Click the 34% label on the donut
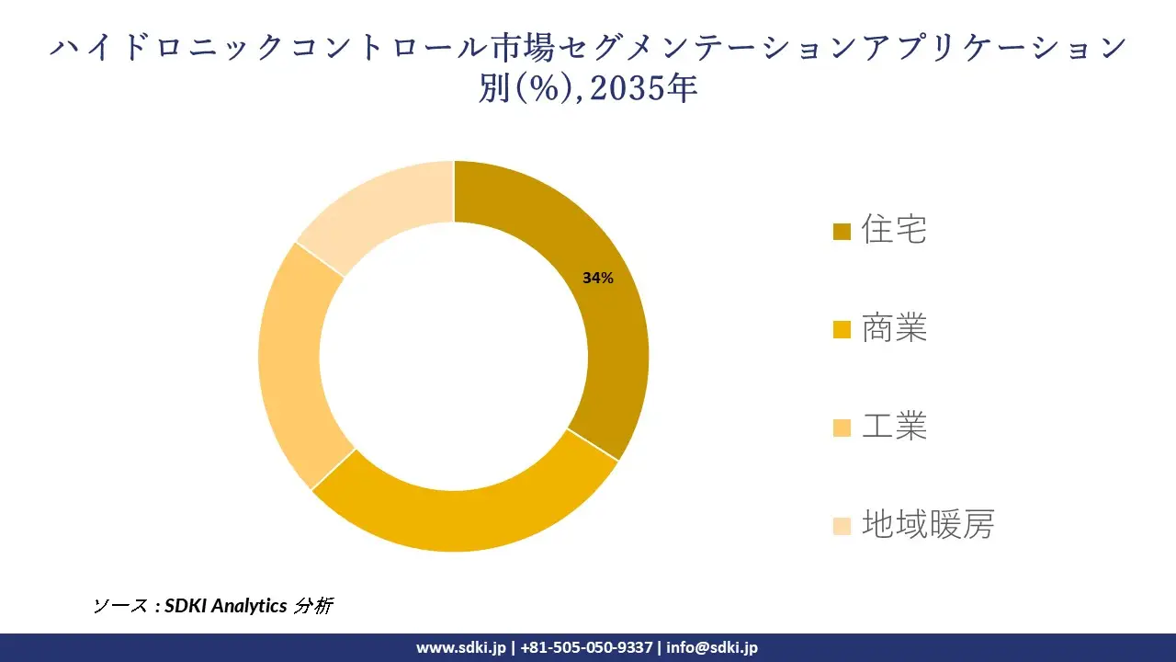point(597,278)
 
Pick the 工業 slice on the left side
point(291,368)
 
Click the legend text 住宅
point(894,230)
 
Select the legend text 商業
point(894,328)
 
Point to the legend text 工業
point(894,427)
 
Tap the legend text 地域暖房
point(927,525)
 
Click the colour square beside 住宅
point(842,231)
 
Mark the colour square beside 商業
point(842,329)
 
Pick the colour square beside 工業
point(842,428)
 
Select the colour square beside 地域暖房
point(842,526)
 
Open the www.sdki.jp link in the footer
point(460,647)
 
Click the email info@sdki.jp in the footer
point(712,647)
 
